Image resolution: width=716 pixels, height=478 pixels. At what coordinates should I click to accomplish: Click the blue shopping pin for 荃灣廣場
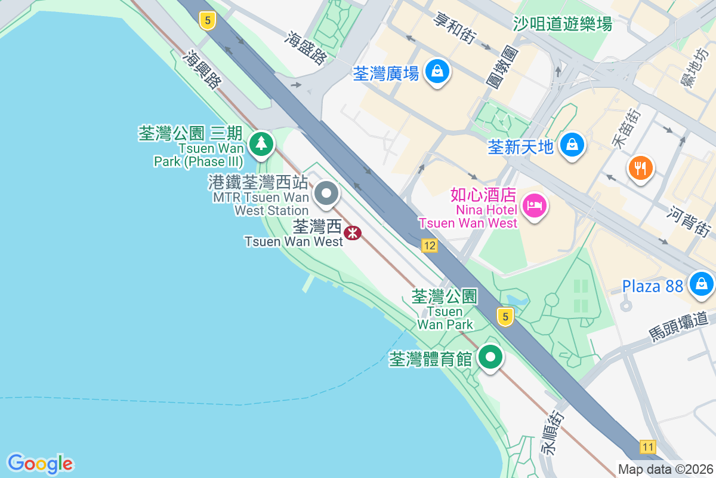click(438, 72)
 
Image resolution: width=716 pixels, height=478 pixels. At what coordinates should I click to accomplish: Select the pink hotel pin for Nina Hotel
click(534, 206)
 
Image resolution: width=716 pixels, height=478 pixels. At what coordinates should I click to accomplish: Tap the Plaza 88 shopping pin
click(701, 284)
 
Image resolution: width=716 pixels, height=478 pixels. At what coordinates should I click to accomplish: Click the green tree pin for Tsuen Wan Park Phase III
click(261, 144)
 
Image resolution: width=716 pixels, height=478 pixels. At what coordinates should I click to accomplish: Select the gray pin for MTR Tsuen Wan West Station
click(326, 194)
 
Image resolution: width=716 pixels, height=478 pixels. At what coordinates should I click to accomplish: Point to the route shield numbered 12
click(429, 246)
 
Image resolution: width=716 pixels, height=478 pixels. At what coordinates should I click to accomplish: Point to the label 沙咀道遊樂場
click(562, 24)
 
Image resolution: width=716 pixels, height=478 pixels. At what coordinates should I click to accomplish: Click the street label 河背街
click(689, 220)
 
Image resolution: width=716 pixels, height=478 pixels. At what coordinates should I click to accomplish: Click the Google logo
click(40, 464)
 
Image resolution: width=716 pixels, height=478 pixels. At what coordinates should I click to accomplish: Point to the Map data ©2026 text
click(665, 469)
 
